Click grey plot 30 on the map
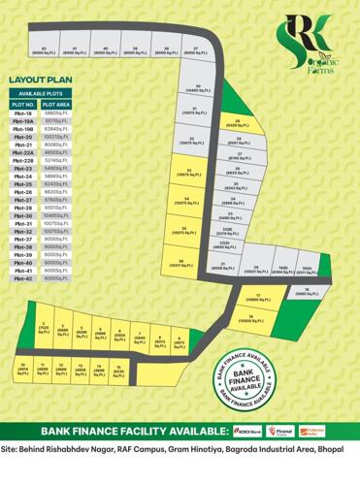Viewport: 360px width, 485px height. coord(197,88)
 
